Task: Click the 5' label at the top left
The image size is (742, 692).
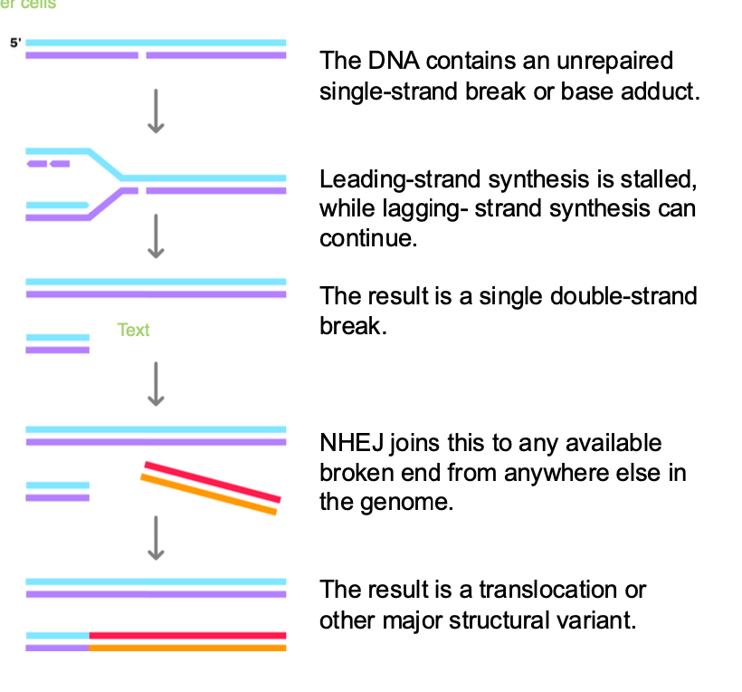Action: pos(15,43)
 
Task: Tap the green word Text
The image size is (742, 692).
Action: pos(133,330)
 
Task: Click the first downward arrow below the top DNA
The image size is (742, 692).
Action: pos(156,111)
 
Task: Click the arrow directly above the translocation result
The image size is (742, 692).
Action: pos(156,537)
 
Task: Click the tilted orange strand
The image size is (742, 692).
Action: pos(208,495)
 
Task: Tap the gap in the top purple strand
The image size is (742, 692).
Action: pos(142,56)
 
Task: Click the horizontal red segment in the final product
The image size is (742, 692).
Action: pos(187,636)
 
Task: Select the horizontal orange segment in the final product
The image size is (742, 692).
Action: pos(187,648)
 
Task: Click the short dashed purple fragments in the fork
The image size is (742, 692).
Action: pos(48,164)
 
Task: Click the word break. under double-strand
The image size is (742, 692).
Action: pos(354,325)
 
